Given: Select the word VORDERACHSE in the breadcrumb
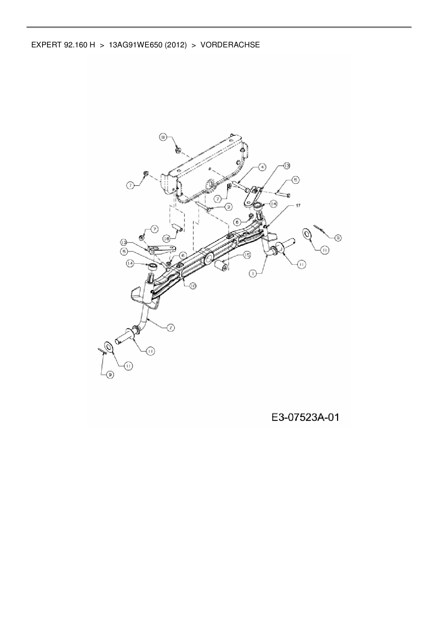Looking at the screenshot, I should pos(230,45).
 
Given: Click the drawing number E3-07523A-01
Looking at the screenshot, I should pos(305,417).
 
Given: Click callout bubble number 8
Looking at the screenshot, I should pos(163,138).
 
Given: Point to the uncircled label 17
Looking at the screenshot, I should pos(298,205).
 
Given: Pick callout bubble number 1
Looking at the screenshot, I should pos(252,273).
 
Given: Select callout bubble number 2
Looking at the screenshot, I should pos(170,328).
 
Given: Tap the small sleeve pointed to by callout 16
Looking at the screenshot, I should pos(177,227).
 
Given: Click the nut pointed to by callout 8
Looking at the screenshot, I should pos(178,151).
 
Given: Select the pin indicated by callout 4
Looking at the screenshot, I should pos(240,185).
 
